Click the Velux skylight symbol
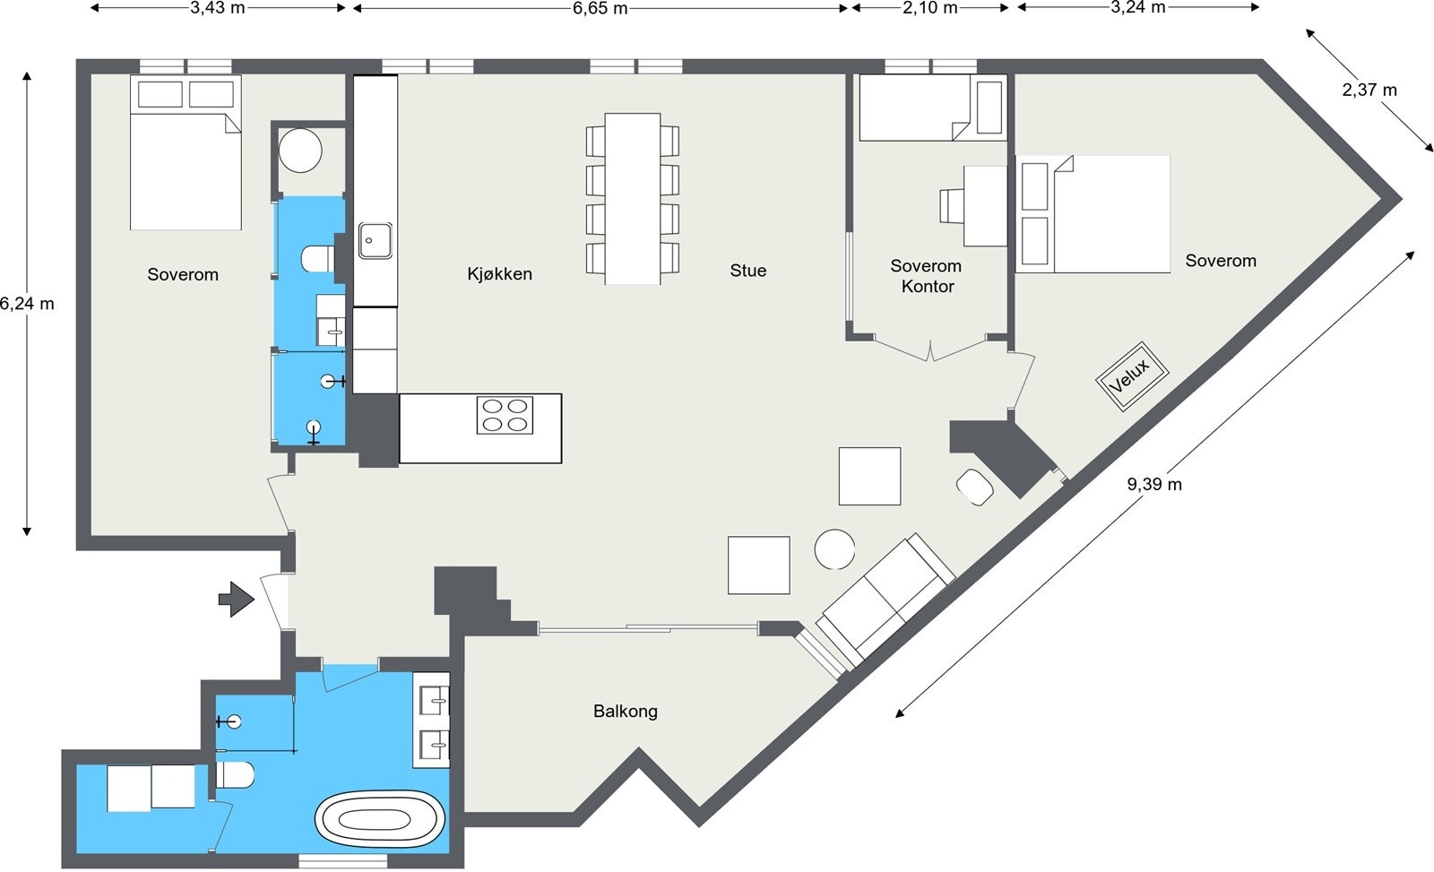click(x=1132, y=377)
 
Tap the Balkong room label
click(x=626, y=712)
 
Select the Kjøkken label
click(x=499, y=274)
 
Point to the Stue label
click(x=747, y=270)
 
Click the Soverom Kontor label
click(x=927, y=276)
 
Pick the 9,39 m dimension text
click(x=1154, y=484)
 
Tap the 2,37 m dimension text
click(x=1369, y=90)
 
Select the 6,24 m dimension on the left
click(x=27, y=304)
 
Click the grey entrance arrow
click(x=237, y=600)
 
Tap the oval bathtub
click(x=380, y=819)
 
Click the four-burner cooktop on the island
click(x=505, y=415)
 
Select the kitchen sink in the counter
click(x=376, y=241)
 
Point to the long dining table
click(x=633, y=198)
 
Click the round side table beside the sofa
click(x=834, y=549)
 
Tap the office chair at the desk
click(x=952, y=205)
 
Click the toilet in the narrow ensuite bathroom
click(x=317, y=259)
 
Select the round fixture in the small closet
click(x=300, y=151)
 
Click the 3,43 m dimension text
click(x=218, y=8)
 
